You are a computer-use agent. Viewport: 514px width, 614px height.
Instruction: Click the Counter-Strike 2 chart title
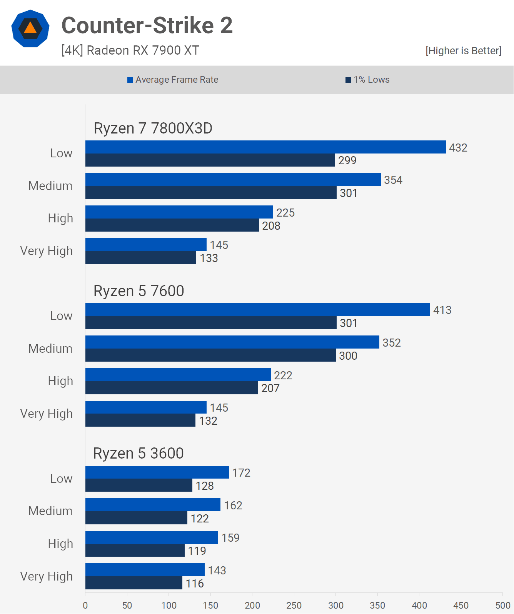point(147,25)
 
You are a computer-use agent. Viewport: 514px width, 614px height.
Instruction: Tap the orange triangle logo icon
point(30,28)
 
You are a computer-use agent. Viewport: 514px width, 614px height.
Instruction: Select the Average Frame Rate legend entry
point(173,80)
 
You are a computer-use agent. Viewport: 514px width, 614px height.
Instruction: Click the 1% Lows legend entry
point(368,80)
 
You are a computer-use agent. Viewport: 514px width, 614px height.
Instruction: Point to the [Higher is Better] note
point(463,51)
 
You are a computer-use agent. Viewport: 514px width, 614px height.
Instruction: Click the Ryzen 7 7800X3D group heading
point(153,128)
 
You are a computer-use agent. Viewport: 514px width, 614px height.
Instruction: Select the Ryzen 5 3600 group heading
point(139,453)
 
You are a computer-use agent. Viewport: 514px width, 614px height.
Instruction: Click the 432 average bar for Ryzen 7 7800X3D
point(265,147)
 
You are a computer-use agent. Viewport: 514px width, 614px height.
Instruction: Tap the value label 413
point(442,310)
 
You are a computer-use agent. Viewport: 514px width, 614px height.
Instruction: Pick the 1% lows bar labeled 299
point(210,160)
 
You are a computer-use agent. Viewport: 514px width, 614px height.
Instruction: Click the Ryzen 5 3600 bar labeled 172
point(157,472)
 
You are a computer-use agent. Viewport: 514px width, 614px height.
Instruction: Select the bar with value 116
point(134,583)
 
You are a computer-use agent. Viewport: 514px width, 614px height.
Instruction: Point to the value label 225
point(285,213)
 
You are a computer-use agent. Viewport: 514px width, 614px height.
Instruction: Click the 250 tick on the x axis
point(294,605)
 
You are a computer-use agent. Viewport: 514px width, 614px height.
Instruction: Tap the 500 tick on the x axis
point(502,605)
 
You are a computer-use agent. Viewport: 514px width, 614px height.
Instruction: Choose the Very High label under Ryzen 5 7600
point(47,414)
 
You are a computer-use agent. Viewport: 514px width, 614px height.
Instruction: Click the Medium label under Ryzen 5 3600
point(50,511)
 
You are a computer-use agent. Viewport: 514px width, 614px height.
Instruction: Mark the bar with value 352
point(232,342)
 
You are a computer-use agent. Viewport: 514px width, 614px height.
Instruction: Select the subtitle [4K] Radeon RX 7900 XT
point(130,50)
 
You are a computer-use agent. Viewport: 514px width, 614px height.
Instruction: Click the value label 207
point(270,388)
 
